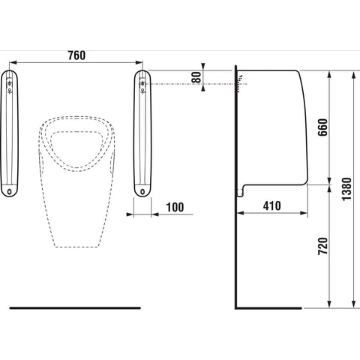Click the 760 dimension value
(x=76, y=55)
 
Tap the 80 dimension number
(x=196, y=77)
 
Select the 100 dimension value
(x=175, y=207)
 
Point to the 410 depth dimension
(x=272, y=205)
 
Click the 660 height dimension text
(x=322, y=127)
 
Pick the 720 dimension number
(x=322, y=246)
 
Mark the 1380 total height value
(x=346, y=189)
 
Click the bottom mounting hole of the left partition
(x=10, y=192)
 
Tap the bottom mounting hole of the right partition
(x=142, y=192)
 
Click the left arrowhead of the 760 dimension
(x=13, y=62)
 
